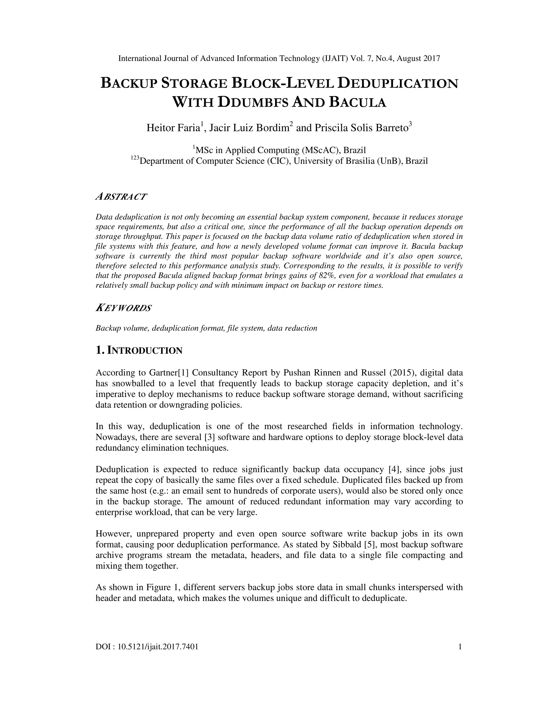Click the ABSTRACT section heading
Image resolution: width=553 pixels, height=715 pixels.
(121, 197)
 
